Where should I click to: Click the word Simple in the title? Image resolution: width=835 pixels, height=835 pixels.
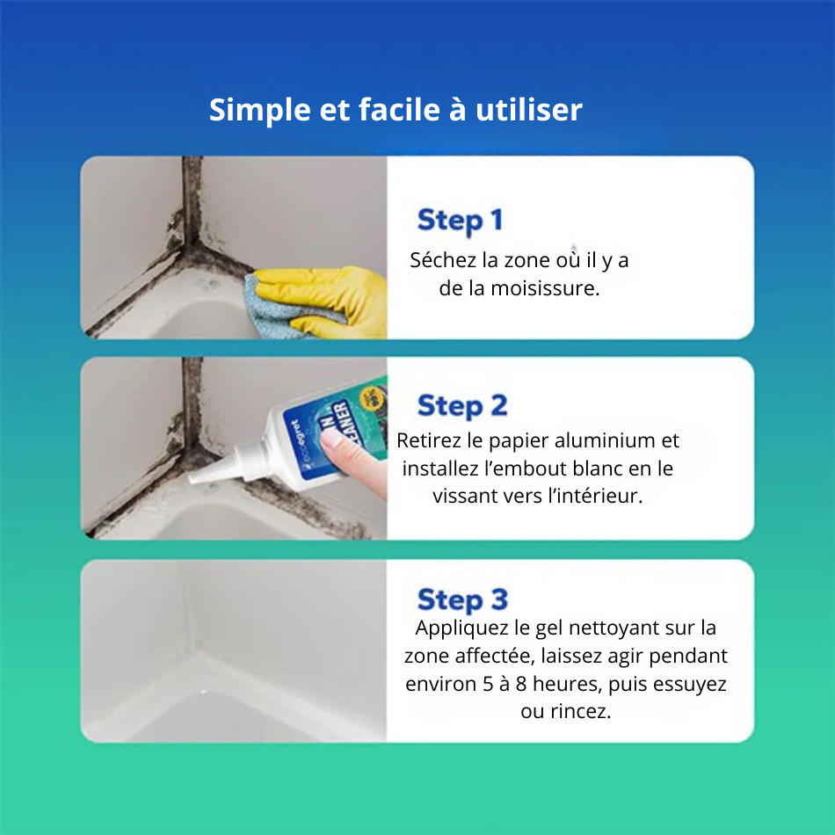coord(259,111)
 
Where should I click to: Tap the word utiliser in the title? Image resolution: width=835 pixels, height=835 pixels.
coord(529,110)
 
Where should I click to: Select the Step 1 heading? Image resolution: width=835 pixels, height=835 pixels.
coord(460,221)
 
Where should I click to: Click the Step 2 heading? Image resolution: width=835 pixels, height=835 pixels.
coord(462,406)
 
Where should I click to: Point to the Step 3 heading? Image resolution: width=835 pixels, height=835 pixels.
coord(462,600)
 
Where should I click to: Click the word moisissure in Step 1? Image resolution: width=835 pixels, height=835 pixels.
coord(545,288)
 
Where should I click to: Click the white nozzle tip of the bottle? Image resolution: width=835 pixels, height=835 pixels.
coord(192,478)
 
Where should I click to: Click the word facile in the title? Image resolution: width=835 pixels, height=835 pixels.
coord(400,110)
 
